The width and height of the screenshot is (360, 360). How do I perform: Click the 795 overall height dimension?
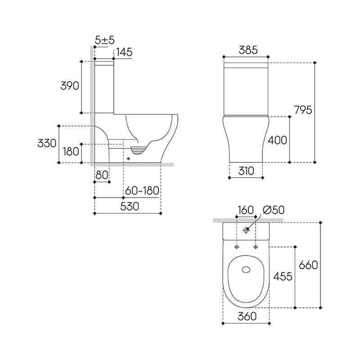point(303,110)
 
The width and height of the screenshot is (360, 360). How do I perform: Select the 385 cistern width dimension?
point(248,50)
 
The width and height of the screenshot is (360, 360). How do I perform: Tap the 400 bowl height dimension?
point(277,140)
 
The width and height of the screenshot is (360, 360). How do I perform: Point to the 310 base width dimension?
point(246,171)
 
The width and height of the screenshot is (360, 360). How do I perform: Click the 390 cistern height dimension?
point(70,85)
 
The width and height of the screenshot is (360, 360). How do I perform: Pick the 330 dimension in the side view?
point(47,143)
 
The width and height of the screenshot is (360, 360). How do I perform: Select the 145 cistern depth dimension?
point(125,52)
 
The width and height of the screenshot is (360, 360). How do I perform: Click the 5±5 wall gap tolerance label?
point(105,40)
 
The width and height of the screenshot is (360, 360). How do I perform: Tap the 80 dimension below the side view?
point(102,175)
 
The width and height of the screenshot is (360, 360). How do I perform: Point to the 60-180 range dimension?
point(142,190)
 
